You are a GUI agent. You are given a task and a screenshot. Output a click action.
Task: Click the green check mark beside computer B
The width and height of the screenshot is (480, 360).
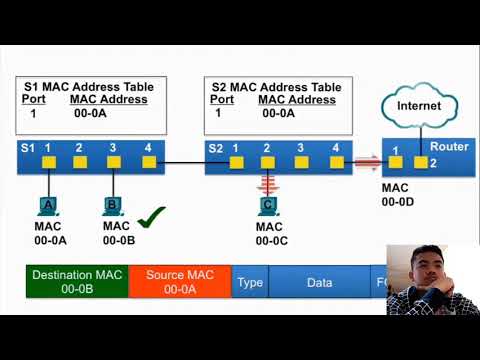[151, 216]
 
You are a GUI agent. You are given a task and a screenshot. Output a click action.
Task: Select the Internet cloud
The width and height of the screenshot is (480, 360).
[419, 106]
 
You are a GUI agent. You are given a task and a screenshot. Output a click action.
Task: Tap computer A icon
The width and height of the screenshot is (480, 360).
[46, 205]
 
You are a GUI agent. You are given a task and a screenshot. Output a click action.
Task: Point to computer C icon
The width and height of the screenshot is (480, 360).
[267, 205]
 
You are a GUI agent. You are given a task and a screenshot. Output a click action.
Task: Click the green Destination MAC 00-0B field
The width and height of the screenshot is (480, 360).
[78, 282]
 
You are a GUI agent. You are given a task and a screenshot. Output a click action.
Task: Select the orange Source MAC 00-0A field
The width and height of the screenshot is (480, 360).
[180, 282]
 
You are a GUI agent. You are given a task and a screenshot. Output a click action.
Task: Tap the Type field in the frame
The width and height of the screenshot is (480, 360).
[250, 283]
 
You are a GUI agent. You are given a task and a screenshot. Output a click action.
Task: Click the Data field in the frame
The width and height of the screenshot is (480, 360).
[319, 283]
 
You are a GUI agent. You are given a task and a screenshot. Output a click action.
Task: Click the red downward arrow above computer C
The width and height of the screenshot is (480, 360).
[267, 184]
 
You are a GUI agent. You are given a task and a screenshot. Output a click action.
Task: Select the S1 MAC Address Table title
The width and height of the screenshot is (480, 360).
[89, 87]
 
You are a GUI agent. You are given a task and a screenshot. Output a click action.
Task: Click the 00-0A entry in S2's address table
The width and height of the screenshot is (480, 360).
[278, 113]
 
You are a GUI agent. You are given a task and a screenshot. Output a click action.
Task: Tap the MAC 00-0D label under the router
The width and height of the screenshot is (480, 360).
[397, 194]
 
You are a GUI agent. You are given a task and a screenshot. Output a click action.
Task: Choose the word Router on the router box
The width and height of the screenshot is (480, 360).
[449, 147]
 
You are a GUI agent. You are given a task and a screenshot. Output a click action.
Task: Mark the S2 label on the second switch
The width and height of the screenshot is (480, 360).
[215, 148]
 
